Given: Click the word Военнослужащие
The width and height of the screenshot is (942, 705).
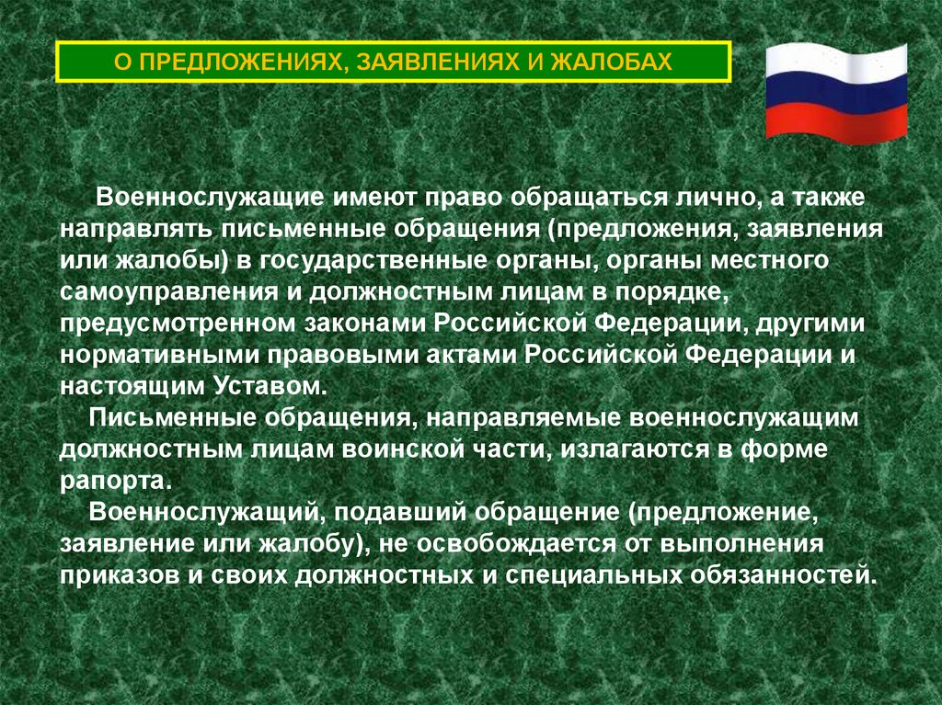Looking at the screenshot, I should [x=195, y=196].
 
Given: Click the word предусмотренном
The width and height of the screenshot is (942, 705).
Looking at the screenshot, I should [x=173, y=324].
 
